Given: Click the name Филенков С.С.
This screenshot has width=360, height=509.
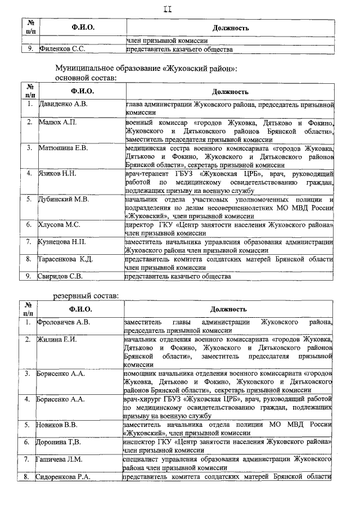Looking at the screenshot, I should pos(62,49).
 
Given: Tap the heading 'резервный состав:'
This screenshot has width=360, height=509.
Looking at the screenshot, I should pos(85,296).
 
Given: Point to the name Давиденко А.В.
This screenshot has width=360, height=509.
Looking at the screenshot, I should pos(63,104).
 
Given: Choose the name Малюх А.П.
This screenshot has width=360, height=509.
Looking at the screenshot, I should pos(57,122).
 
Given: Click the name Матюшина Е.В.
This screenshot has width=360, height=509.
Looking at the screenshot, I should pos(62,148).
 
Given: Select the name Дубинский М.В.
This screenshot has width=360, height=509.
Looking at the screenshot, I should pos(64,199).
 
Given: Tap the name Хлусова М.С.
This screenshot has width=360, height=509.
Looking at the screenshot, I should pos(59,224).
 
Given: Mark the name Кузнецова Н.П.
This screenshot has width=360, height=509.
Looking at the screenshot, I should pos(62,242).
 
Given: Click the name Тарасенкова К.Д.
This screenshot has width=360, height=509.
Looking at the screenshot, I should pos(65,259).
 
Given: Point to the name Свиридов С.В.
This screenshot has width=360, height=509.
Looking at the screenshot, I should pos(61,277).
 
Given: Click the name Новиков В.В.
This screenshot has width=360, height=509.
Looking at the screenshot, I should pos(58,425).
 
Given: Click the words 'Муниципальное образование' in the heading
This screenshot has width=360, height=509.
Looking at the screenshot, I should pos(107,67).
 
